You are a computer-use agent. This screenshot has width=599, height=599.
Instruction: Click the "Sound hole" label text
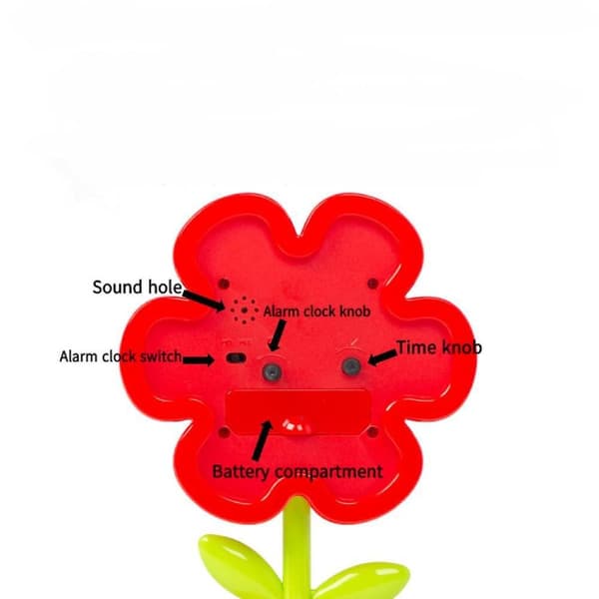137,288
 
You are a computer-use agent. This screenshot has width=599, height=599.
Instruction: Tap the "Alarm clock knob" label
317,311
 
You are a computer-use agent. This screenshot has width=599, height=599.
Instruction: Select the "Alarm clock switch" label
121,356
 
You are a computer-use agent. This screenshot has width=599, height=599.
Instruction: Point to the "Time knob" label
439,347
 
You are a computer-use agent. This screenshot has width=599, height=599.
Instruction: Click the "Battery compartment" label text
298,472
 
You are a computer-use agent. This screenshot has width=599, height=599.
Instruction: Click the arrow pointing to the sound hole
204,300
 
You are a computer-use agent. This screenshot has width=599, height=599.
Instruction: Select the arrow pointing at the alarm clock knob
277,335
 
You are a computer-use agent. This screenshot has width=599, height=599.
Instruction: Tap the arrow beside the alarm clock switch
199,359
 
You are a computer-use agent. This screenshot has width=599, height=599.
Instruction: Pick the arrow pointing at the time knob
382,358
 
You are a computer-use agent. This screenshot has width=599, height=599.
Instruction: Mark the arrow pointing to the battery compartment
263,440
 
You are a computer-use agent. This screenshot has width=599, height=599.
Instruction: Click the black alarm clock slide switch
236,358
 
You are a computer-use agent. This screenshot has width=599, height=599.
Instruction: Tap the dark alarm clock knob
272,371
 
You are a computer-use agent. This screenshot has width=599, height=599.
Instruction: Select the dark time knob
351,366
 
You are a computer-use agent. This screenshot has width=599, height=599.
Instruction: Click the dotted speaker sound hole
245,310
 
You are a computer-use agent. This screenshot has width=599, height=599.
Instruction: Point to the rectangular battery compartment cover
298,412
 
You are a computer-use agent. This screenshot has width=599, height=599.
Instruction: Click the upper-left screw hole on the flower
224,284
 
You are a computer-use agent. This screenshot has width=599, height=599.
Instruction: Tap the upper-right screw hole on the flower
372,284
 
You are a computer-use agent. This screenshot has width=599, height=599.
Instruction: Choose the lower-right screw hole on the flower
372,432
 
